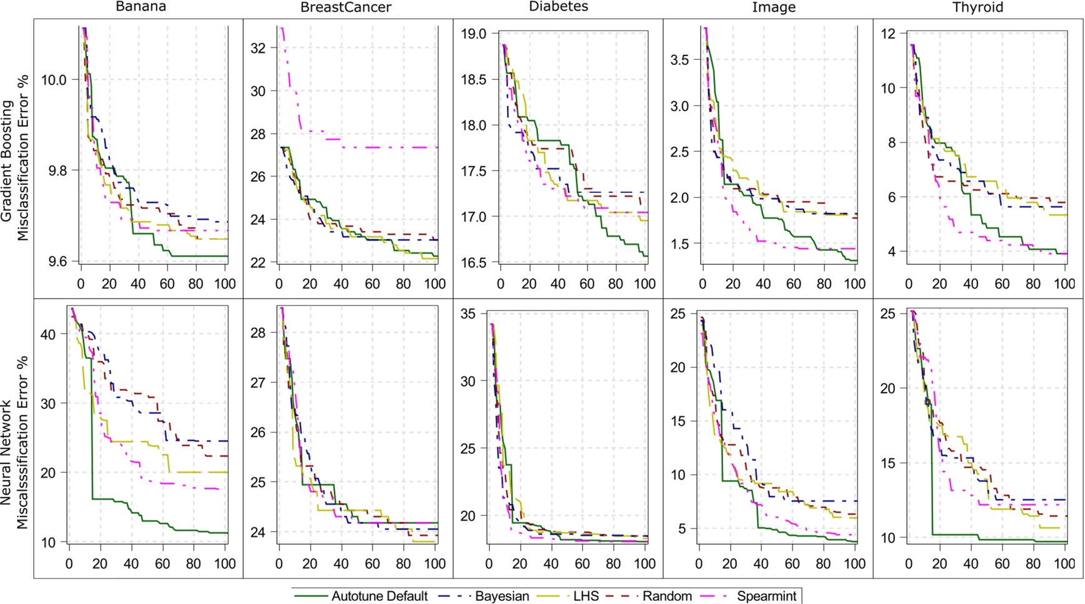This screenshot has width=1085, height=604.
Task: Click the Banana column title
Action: point(140,7)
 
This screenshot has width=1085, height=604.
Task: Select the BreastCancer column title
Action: point(346,7)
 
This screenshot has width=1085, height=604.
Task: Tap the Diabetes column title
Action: point(558,7)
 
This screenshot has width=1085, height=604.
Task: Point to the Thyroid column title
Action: point(977,7)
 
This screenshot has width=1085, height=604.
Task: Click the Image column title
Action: point(774,7)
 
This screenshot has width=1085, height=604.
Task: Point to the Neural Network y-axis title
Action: point(14,442)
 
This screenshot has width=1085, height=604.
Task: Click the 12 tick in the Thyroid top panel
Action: point(889,34)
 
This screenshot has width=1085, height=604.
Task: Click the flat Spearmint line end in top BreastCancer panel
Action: point(436,147)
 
